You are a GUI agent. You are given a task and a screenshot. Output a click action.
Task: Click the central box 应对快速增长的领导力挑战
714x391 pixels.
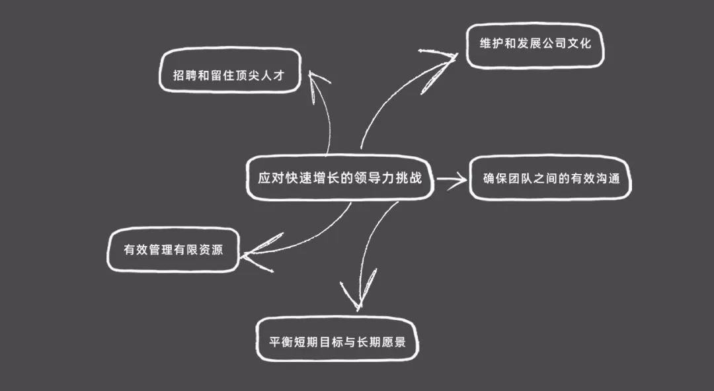click(340, 178)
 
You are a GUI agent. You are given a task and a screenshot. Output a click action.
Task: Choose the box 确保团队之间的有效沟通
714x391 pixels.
click(550, 178)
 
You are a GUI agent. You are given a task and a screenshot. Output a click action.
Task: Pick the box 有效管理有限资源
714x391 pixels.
click(173, 251)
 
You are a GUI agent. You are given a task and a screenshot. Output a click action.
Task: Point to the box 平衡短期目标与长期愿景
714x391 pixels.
click(337, 341)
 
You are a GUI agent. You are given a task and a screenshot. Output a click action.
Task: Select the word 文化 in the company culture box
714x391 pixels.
click(579, 43)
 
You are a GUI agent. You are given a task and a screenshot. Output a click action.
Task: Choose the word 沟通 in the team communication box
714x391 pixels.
click(607, 178)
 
